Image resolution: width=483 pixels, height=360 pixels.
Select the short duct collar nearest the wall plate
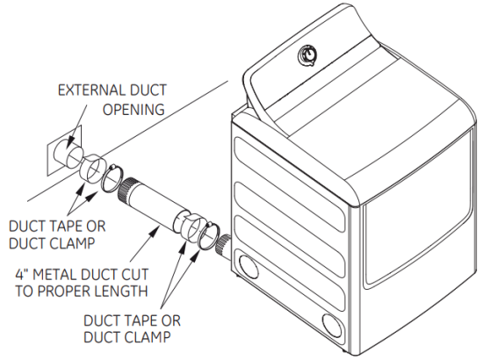(x=90, y=167)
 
